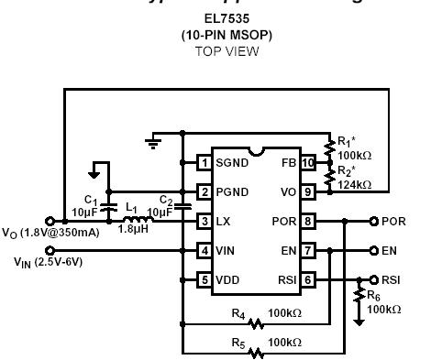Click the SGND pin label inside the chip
(233, 163)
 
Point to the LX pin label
(224, 222)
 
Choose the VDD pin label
(228, 280)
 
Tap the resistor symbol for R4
(256, 322)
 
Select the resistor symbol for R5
(256, 351)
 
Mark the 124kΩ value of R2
(354, 184)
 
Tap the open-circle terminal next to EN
(374, 250)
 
